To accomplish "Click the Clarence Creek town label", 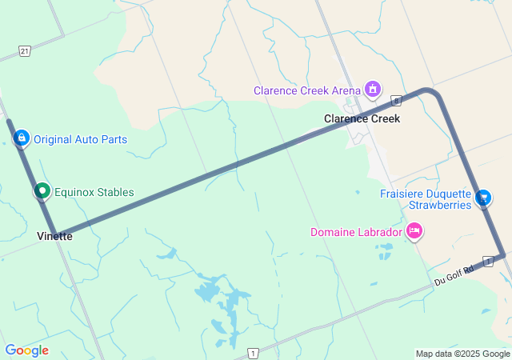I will [x=362, y=118].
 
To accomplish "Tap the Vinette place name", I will [x=54, y=236].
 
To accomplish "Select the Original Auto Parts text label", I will [x=80, y=139].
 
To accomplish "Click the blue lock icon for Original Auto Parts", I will [x=22, y=138].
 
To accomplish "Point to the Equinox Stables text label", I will [x=94, y=192].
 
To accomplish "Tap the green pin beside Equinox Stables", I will [x=42, y=191].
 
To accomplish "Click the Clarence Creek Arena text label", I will [x=307, y=90].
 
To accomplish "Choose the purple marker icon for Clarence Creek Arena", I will [x=372, y=89].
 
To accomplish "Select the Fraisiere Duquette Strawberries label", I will [x=425, y=199].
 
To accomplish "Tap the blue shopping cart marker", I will [x=483, y=198].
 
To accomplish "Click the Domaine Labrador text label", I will [x=356, y=233].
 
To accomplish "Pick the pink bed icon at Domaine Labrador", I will [x=414, y=232].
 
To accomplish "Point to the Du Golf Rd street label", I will [x=454, y=276].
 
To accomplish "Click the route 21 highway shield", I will [x=25, y=51].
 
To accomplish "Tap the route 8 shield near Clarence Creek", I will [x=395, y=99].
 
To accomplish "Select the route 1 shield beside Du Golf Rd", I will [x=487, y=262].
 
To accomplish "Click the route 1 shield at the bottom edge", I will [x=253, y=353].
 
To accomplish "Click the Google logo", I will [x=26, y=350].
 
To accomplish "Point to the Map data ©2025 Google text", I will [x=462, y=354].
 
